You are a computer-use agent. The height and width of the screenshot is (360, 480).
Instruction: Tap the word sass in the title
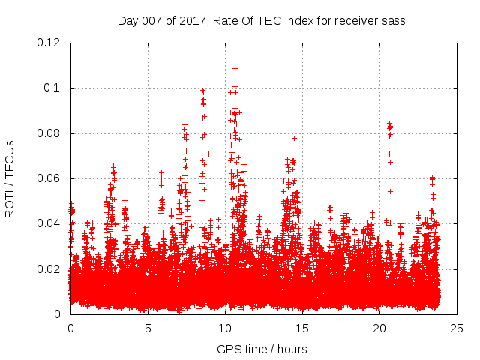(393, 21)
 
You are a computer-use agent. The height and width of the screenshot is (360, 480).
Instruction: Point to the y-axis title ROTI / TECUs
(10, 178)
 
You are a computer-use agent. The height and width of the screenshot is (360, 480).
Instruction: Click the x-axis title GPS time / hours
(262, 349)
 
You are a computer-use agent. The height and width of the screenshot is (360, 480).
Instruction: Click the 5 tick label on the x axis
(148, 328)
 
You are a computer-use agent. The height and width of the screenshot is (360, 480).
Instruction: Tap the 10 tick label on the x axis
(225, 328)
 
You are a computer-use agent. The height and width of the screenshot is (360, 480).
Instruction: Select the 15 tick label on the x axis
(302, 328)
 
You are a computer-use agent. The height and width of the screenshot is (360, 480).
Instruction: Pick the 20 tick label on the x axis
(379, 328)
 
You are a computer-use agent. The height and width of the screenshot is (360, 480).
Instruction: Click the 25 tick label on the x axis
(457, 328)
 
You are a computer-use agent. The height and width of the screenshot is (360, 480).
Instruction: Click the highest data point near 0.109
(235, 68)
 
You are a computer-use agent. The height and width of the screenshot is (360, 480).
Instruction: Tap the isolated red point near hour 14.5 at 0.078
(294, 138)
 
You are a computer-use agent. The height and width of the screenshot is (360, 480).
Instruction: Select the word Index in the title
(298, 21)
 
